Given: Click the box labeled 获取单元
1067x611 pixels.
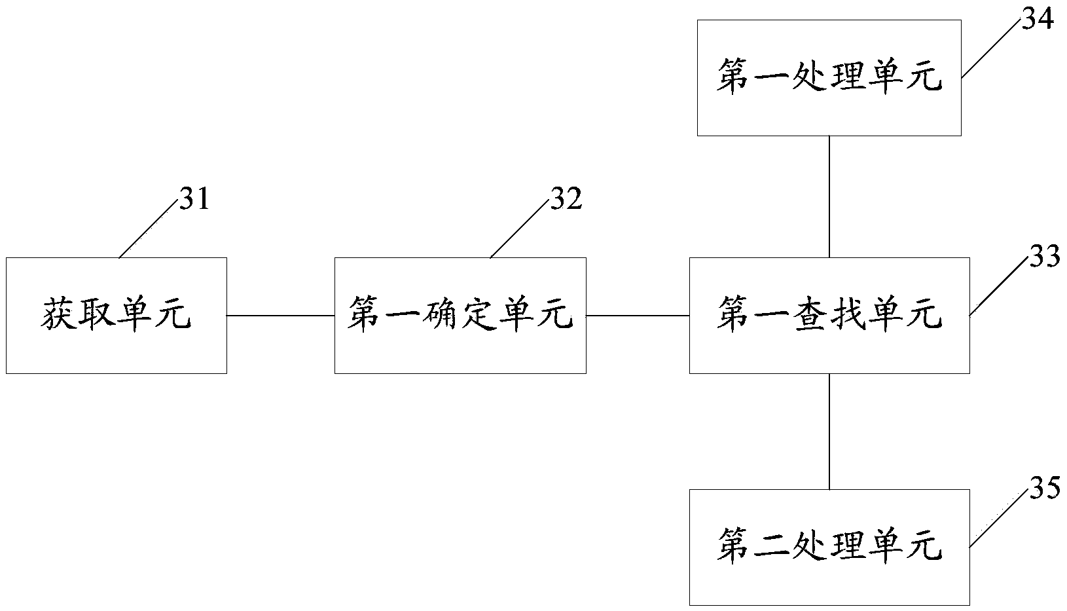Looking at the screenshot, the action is [x=117, y=316].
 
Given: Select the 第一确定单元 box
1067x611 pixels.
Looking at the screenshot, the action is [x=460, y=316].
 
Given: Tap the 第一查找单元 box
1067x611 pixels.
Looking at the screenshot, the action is [x=829, y=316].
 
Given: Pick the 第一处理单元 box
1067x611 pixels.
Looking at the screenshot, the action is [x=829, y=78].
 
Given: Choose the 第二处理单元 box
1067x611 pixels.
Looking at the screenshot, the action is [x=829, y=547].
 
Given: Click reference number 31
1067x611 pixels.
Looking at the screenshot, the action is [x=194, y=198].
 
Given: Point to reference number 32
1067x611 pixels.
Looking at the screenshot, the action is [x=566, y=198].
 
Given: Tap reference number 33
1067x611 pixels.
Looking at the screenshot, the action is [x=1045, y=256].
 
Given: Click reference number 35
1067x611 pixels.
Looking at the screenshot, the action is [x=1045, y=488].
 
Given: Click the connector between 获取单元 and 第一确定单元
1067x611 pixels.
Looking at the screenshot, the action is [x=281, y=316].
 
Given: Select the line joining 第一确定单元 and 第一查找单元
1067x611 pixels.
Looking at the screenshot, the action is [x=638, y=316].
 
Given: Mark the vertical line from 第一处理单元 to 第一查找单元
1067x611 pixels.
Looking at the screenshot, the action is [x=829, y=197].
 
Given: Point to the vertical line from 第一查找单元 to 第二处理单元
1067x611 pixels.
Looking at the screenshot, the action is [x=829, y=432].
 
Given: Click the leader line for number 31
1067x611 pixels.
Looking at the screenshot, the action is [x=149, y=229].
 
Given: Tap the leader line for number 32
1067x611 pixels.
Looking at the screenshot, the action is [x=520, y=229].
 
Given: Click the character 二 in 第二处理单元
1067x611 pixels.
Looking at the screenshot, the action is [x=772, y=547].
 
